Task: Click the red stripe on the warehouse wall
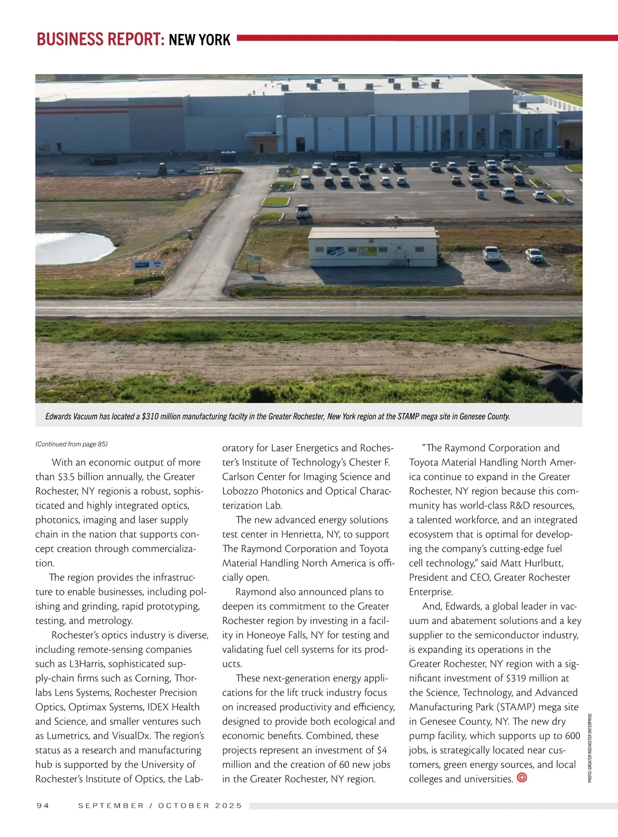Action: [82, 110]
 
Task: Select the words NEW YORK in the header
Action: [200, 40]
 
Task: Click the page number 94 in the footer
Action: [43, 806]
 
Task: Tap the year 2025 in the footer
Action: [229, 806]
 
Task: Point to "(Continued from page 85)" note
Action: [72, 444]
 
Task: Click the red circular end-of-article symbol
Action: [521, 778]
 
